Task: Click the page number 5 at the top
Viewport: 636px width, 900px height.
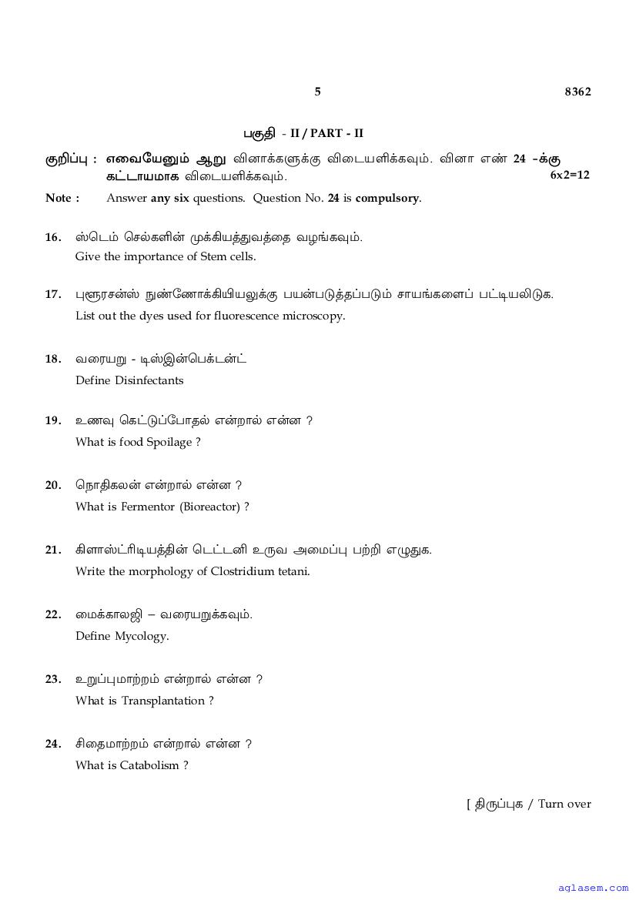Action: click(x=317, y=92)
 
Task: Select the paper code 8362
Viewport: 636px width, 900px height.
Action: click(x=577, y=92)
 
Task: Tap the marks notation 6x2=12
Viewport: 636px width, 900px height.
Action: click(x=570, y=175)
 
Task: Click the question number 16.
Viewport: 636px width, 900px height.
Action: click(x=53, y=237)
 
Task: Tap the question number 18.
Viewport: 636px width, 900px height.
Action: click(x=53, y=359)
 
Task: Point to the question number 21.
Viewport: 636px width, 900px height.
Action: click(x=53, y=550)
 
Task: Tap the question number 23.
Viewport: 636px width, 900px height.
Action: click(x=53, y=679)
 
